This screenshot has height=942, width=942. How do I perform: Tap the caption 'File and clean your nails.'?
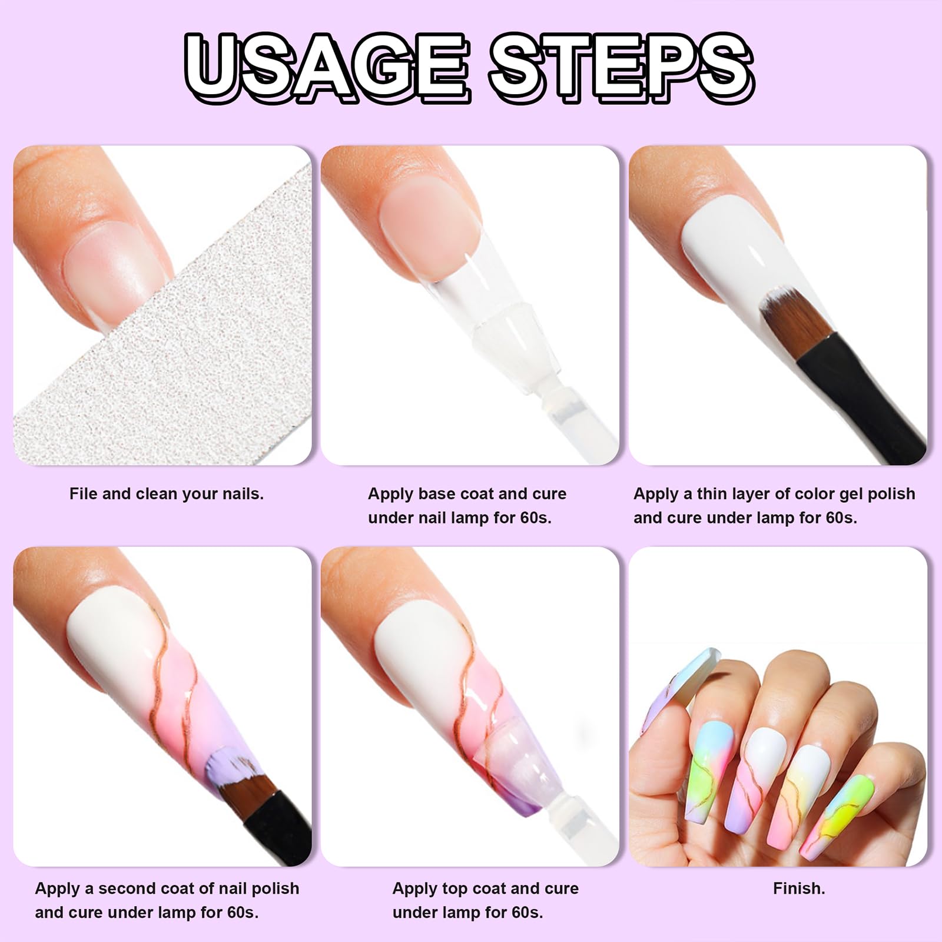pos(167,494)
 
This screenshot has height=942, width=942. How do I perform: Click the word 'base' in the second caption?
pos(440,494)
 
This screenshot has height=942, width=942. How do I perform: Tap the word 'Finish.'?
pos(799,888)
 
